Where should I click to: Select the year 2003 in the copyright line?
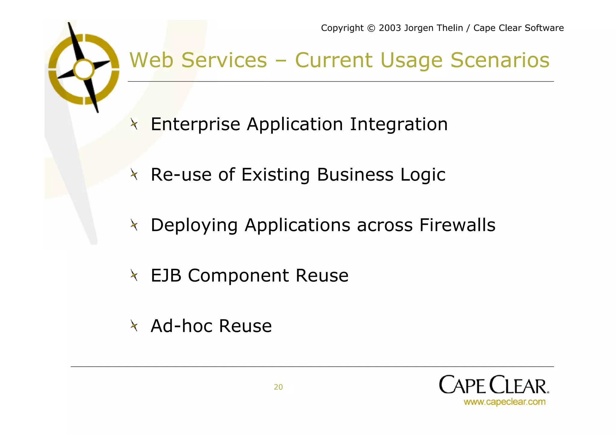390,28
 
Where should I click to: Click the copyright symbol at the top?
371,28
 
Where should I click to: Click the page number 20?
278,387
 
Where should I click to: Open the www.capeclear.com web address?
504,402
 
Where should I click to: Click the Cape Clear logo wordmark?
494,385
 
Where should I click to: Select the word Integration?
399,124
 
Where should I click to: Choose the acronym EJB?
166,275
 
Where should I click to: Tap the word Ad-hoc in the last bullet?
181,326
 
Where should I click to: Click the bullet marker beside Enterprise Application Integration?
134,124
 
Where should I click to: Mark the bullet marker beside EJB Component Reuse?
134,275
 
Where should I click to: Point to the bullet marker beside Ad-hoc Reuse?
134,326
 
